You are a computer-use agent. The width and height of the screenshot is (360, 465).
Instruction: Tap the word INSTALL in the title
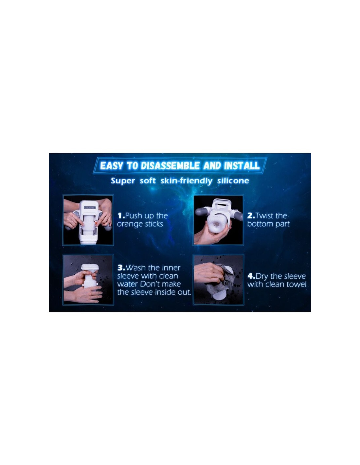(242, 166)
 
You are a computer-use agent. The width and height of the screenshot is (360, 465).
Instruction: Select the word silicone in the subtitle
(233, 181)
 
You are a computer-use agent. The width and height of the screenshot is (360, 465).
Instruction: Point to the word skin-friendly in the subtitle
(186, 181)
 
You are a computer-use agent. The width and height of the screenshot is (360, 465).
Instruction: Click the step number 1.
(121, 216)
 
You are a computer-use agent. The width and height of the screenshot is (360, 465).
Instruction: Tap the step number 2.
(251, 215)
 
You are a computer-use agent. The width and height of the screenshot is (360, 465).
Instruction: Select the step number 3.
(121, 268)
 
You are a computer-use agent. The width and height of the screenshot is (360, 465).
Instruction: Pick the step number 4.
(251, 276)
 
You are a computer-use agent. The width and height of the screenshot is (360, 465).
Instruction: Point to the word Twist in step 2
(264, 215)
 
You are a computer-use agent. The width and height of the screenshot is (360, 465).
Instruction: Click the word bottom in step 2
(259, 224)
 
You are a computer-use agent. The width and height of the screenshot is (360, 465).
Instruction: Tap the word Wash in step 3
(135, 268)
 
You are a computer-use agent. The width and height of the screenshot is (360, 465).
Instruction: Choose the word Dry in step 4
(262, 277)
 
